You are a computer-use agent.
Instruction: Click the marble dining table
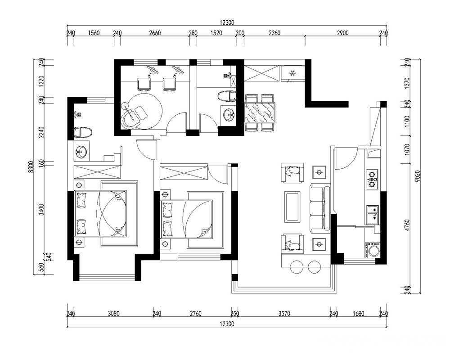pos(260,112)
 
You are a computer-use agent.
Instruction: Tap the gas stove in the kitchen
pos(372,180)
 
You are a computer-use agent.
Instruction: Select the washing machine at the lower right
pos(372,250)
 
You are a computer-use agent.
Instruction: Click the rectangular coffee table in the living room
pos(292,207)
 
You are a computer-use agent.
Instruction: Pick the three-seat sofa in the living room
pos(320,209)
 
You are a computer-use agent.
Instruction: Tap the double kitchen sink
pos(373,215)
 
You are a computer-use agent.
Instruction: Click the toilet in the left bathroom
pos(83,133)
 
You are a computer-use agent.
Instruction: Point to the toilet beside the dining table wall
pos(227,96)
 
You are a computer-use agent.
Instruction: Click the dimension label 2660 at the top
pos(155,33)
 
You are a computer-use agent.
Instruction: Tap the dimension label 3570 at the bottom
pos(284,314)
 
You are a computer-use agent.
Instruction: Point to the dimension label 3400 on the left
pos(42,210)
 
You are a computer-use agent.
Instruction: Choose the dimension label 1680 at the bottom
pos(359,314)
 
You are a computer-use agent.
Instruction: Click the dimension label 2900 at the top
pos(342,33)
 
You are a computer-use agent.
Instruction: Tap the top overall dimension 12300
pos(227,22)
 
